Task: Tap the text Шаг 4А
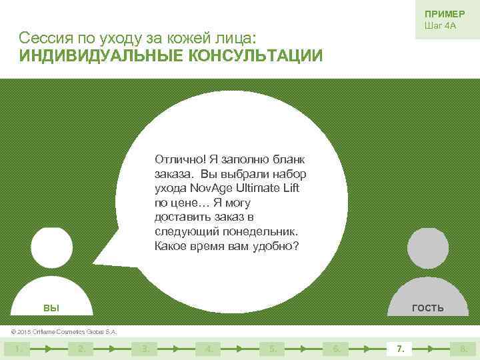pos(440,26)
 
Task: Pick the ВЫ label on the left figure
pos(51,307)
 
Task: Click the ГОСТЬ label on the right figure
pos(428,307)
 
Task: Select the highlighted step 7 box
pos(399,348)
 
